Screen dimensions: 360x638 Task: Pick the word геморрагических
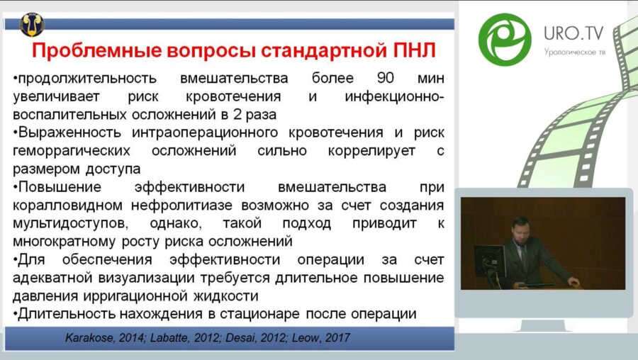(x=72, y=151)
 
